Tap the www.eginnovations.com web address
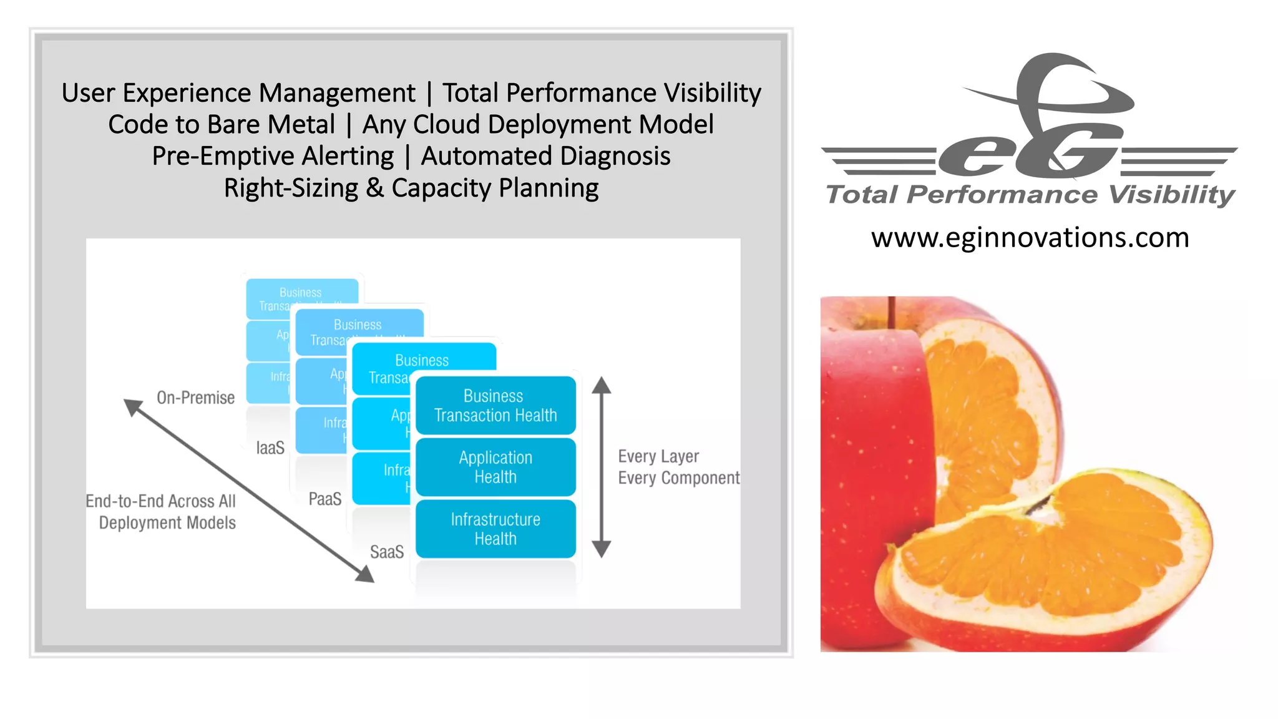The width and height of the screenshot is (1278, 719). pyautogui.click(x=1030, y=238)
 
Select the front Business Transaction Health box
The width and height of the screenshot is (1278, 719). pyautogui.click(x=495, y=406)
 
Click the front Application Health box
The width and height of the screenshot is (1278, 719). pyautogui.click(x=495, y=467)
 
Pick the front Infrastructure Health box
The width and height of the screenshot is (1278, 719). pyautogui.click(x=495, y=529)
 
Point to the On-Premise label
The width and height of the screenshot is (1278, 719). pyautogui.click(x=195, y=398)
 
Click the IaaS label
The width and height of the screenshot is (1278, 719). pyautogui.click(x=270, y=448)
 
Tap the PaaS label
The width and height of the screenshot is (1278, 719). pyautogui.click(x=325, y=499)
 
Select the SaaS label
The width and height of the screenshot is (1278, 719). pyautogui.click(x=387, y=552)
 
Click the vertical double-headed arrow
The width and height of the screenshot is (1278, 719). pyautogui.click(x=601, y=467)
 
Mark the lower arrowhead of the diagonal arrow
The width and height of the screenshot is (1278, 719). pyautogui.click(x=365, y=574)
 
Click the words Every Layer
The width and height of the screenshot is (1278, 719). pyautogui.click(x=658, y=456)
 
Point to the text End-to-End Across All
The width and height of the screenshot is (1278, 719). pyautogui.click(x=161, y=501)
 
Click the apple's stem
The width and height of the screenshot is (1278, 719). pyautogui.click(x=892, y=312)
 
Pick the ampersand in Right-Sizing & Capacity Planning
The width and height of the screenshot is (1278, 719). pyautogui.click(x=374, y=188)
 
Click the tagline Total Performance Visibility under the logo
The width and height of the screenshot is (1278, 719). pyautogui.click(x=1030, y=195)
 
